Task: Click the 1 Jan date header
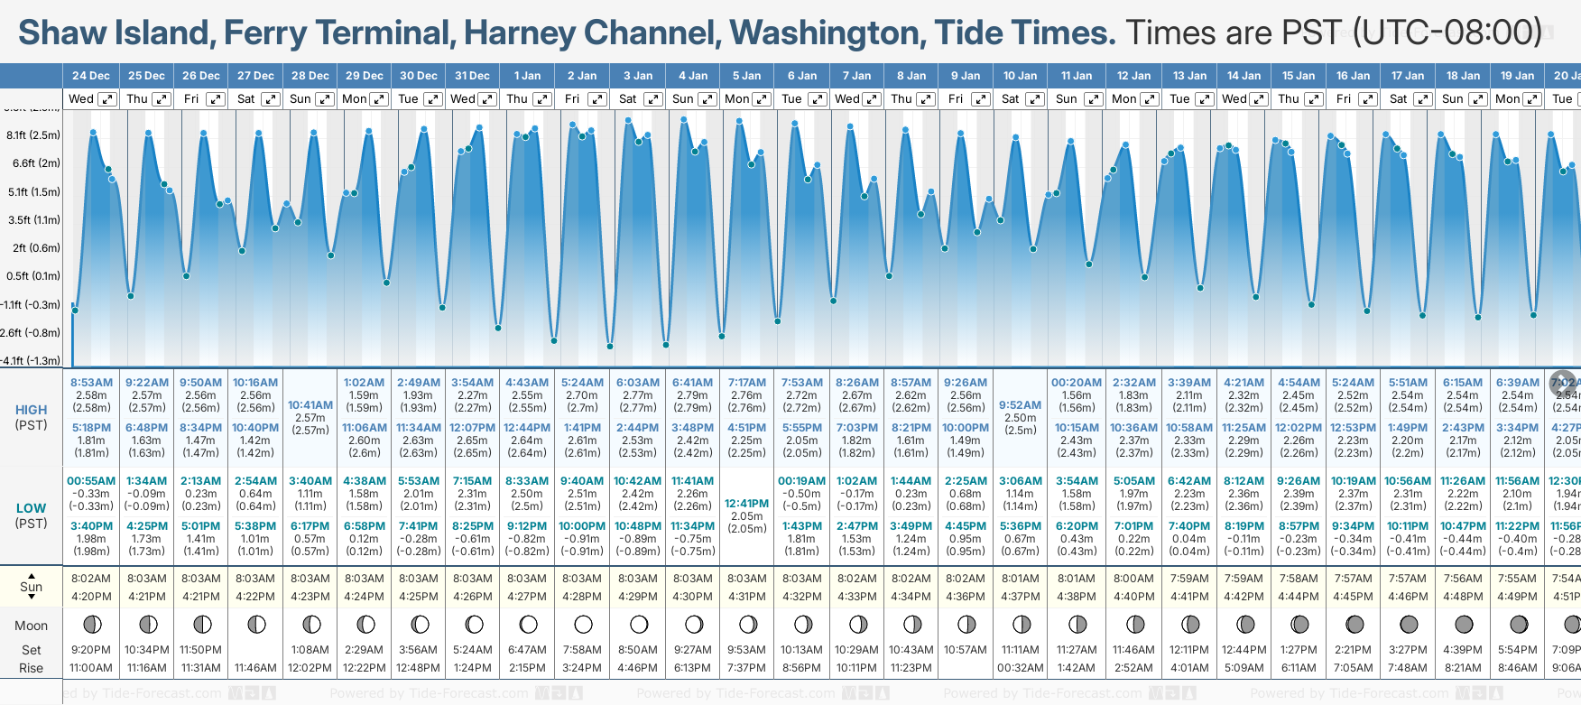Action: click(527, 76)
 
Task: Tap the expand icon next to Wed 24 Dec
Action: click(106, 99)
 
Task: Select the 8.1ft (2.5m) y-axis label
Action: click(33, 135)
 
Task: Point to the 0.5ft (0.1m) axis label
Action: click(33, 276)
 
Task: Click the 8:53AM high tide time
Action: click(91, 383)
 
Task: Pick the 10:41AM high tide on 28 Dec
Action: click(310, 405)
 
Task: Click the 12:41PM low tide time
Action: click(747, 504)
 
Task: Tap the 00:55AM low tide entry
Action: click(91, 481)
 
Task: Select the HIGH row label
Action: click(32, 410)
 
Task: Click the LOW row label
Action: click(32, 508)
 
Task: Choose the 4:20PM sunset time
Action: click(91, 597)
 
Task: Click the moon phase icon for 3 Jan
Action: click(639, 625)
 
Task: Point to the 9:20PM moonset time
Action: click(91, 650)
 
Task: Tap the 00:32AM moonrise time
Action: click(1021, 668)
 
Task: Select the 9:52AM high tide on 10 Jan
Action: click(1021, 405)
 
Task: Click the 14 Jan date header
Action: click(1244, 76)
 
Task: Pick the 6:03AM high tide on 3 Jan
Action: click(638, 383)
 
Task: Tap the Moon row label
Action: click(32, 626)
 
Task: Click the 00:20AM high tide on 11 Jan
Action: click(1077, 383)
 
